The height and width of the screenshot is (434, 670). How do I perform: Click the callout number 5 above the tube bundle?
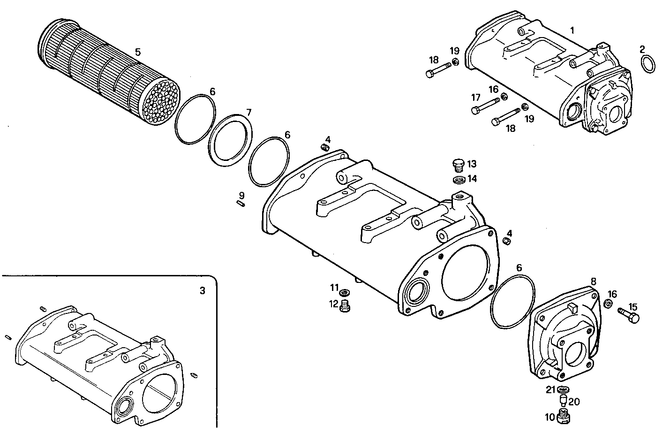point(137,52)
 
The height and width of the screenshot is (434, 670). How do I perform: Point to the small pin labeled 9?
point(240,204)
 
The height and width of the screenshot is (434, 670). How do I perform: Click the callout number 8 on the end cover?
point(593,281)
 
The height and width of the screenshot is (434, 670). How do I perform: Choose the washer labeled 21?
point(563,389)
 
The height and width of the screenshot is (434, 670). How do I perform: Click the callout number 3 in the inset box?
point(202,291)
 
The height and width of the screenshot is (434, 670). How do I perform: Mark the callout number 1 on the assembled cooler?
point(572,30)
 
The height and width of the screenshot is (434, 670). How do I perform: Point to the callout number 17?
point(476,98)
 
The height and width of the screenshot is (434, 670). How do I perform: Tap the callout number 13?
point(472,164)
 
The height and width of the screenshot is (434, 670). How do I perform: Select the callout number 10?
point(550,416)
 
